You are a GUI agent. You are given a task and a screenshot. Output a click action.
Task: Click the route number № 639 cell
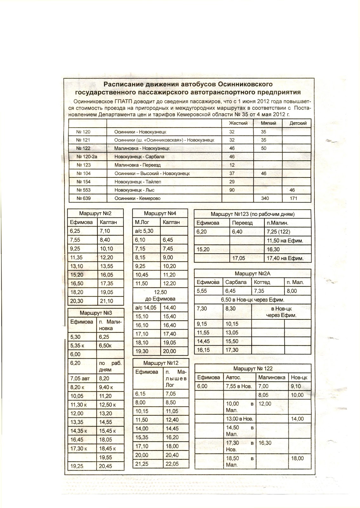tap(83, 198)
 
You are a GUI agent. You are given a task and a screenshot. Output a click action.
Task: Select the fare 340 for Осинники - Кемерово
tap(265, 198)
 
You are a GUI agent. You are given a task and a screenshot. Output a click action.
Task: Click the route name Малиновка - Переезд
tap(138, 165)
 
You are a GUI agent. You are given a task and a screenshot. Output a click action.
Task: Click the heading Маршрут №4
tap(160, 214)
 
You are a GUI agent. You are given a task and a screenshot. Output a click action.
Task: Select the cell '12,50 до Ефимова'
tap(160, 296)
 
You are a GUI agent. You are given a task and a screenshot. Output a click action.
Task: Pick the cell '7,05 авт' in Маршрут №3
tap(81, 378)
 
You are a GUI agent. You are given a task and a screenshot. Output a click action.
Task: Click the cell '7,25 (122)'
tap(279, 232)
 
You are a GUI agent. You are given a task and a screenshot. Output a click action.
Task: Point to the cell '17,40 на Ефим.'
tap(285, 258)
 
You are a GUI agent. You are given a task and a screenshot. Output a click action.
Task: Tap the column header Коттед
tap(262, 282)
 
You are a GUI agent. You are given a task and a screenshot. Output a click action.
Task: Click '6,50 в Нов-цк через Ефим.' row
tap(252, 300)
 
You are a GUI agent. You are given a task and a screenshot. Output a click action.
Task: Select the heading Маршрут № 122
tap(253, 369)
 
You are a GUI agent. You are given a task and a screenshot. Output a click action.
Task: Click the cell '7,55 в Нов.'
tap(239, 386)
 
